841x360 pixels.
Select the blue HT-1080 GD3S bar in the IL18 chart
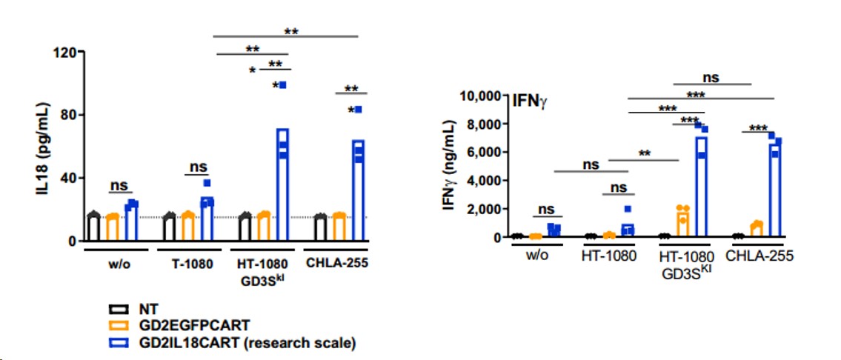coord(282,184)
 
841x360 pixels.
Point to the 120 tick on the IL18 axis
coord(66,52)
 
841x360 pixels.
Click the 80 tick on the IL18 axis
coord(70,115)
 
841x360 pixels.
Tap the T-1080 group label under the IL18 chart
coord(188,263)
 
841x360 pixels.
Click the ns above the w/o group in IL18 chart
coord(120,186)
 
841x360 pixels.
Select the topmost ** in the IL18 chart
coord(290,32)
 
